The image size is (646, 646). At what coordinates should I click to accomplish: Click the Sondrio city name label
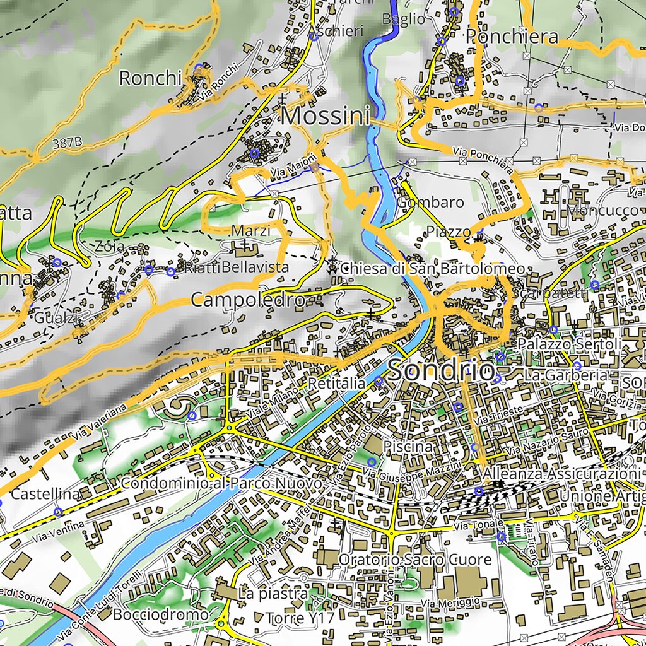[441, 370]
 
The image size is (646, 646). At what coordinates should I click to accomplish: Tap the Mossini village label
[325, 116]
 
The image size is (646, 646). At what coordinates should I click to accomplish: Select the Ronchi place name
[150, 78]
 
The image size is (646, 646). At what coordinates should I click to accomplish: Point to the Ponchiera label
[512, 36]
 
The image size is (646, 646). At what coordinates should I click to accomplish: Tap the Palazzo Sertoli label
[570, 344]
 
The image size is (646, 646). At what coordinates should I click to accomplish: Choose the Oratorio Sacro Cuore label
[414, 560]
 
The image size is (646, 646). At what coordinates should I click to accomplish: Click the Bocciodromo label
[161, 614]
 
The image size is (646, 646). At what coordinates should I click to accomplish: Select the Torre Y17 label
[300, 618]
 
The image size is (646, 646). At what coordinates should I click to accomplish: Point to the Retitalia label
[336, 384]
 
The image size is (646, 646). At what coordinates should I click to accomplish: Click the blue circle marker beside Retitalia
[378, 381]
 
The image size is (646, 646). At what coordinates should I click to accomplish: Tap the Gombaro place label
[431, 203]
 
